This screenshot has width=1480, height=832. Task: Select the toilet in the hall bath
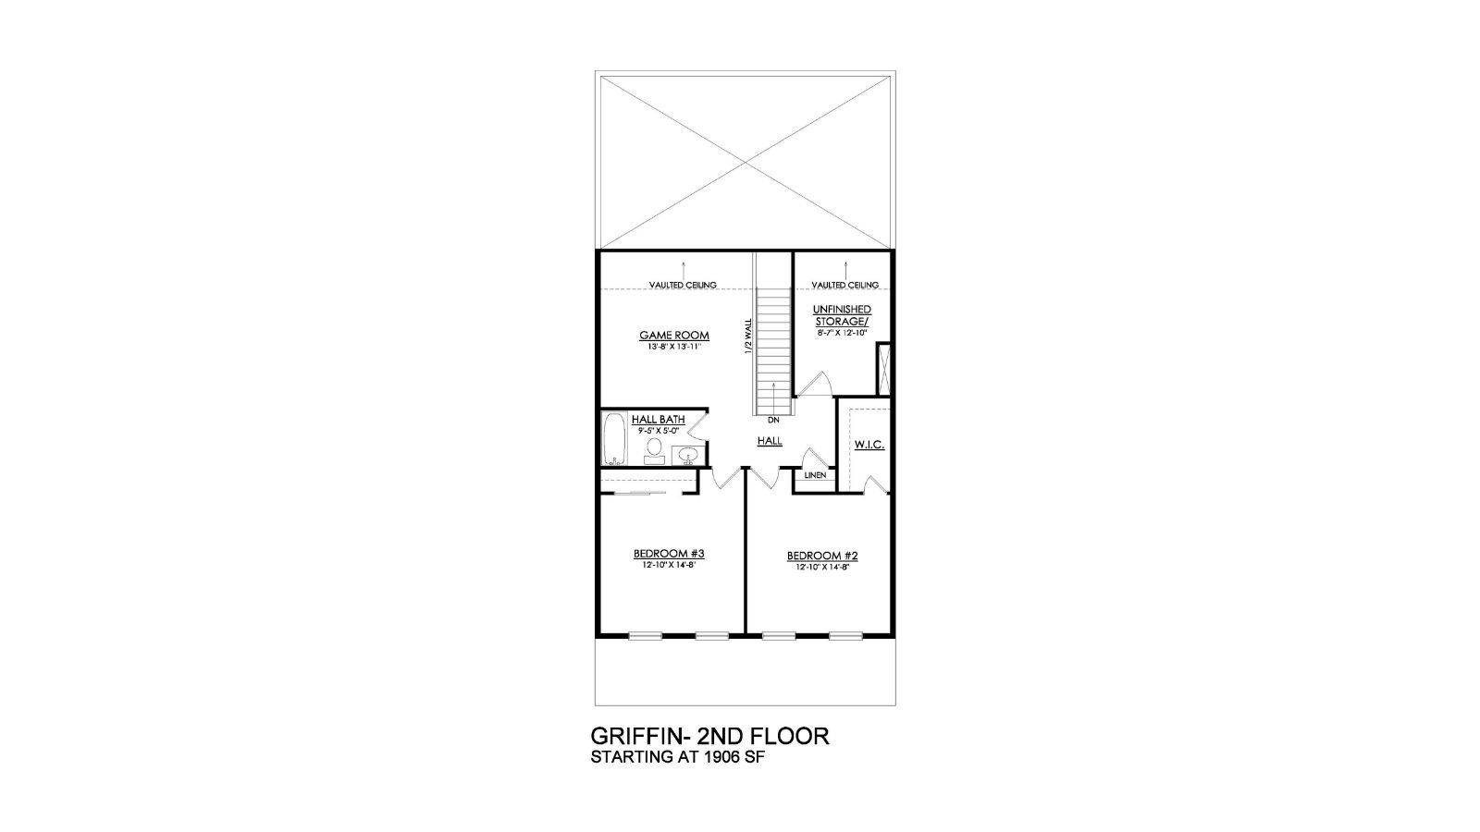654,449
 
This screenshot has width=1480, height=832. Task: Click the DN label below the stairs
773,420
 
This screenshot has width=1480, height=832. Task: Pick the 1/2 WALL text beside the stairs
748,336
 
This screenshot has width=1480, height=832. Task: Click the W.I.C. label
869,445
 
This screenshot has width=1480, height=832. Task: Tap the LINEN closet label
815,475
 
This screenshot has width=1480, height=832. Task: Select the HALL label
770,442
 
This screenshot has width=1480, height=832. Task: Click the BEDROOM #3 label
669,554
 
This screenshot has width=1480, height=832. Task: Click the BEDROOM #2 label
822,556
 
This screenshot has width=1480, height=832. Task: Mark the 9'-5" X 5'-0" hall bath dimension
659,431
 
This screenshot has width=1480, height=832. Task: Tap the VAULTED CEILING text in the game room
683,286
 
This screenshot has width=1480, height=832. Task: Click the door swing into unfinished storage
817,384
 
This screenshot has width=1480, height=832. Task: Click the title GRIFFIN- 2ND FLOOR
709,737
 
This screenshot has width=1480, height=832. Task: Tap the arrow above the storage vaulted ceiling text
845,267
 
